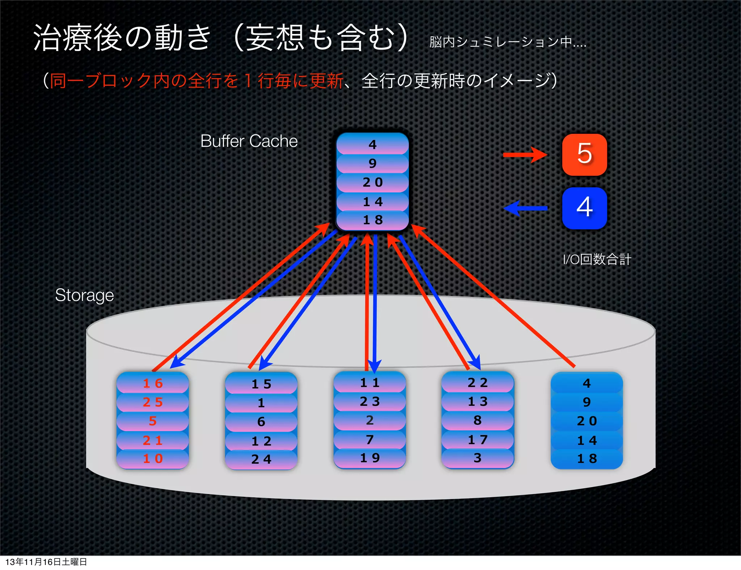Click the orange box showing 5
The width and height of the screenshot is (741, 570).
(584, 154)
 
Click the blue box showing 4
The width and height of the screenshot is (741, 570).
(584, 208)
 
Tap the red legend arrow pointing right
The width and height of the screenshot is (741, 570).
(525, 155)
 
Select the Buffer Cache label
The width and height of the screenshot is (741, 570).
(249, 141)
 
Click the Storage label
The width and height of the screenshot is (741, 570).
(84, 295)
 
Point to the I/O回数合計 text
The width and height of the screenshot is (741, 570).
(597, 259)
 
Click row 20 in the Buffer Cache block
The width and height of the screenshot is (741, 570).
(373, 182)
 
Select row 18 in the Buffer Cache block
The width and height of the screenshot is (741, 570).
(373, 220)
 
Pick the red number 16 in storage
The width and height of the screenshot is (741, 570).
(153, 383)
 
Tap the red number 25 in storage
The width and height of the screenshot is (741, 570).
(153, 402)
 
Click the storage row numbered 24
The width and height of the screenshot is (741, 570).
(261, 459)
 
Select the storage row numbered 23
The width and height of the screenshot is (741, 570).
(370, 401)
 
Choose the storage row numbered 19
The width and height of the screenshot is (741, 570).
(370, 458)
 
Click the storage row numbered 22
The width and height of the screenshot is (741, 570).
(478, 383)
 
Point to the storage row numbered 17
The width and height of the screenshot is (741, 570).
(478, 440)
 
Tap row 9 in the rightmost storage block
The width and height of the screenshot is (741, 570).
(587, 402)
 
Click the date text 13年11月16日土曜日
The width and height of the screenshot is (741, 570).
(46, 562)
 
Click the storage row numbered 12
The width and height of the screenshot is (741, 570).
(261, 441)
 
